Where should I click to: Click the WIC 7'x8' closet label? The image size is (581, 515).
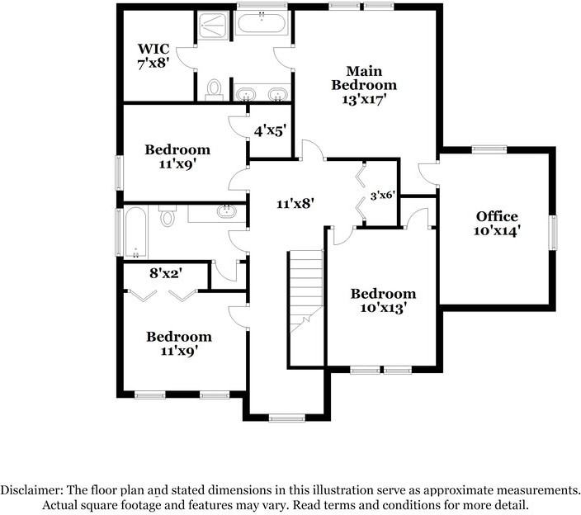click(154, 56)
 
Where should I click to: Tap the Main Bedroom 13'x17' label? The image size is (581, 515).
click(364, 84)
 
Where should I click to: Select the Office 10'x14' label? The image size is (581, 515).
click(497, 224)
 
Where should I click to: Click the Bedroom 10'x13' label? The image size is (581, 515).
click(382, 300)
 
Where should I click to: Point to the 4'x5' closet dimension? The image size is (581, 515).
click(269, 130)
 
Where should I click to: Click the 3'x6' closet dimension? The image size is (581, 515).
click(382, 196)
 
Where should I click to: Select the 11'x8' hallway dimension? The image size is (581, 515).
click(294, 201)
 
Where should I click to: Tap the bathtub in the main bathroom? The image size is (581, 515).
click(263, 22)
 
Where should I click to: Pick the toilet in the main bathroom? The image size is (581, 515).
click(215, 89)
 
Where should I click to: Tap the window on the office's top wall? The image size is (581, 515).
click(489, 149)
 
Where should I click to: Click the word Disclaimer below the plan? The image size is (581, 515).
click(31, 489)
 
